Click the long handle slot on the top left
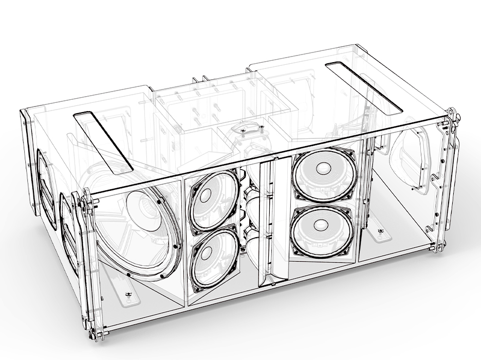pyautogui.click(x=103, y=140)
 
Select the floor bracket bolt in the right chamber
pyautogui.click(x=381, y=232)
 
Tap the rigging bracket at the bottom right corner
pyautogui.click(x=438, y=247)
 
